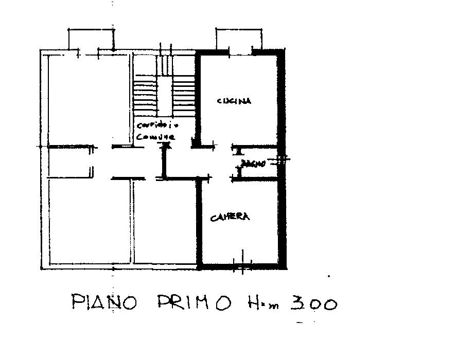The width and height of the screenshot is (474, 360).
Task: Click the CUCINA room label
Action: point(234,101)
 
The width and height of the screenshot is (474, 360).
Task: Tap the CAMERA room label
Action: point(230,217)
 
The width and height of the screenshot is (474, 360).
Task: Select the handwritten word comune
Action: point(156,137)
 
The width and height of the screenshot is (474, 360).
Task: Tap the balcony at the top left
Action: point(91,40)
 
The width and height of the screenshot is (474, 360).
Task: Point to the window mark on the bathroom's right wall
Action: point(281,160)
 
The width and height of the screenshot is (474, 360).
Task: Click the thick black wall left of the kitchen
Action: point(197,98)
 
